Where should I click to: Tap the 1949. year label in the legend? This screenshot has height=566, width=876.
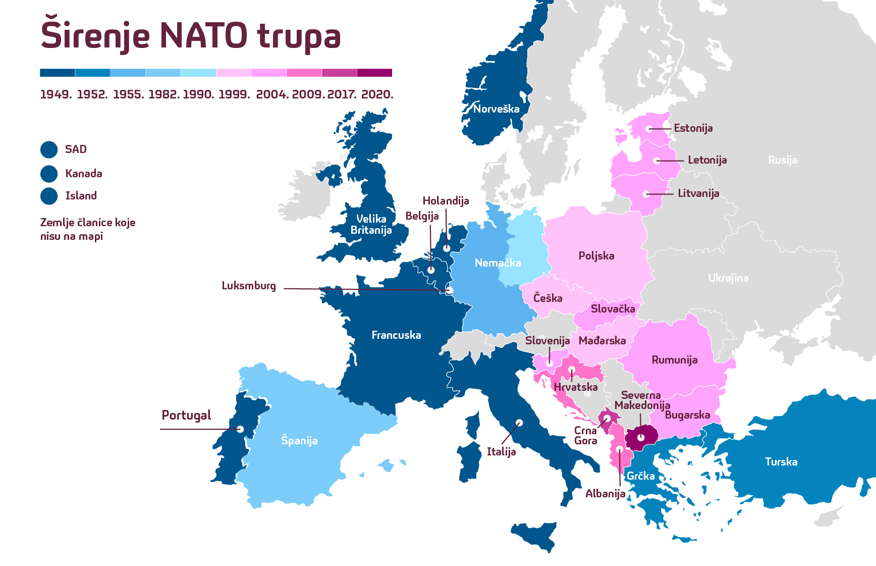(x=56, y=94)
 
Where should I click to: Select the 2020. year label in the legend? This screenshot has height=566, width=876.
(x=377, y=94)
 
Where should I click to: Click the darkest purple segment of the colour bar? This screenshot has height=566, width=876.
(x=374, y=73)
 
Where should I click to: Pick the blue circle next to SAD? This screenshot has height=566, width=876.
(x=49, y=149)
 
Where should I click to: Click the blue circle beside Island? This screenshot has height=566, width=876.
(x=49, y=196)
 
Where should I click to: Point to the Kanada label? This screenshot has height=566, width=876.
(x=84, y=174)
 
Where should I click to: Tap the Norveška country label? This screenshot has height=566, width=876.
(x=496, y=109)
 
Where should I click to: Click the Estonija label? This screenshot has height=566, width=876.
(x=693, y=128)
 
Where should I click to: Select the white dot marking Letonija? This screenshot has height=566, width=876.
(x=656, y=161)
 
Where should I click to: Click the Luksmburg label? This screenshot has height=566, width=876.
(x=249, y=286)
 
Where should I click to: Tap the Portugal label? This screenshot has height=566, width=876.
(x=186, y=415)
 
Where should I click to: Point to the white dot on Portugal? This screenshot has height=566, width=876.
(x=240, y=429)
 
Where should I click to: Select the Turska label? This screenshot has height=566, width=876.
(x=781, y=461)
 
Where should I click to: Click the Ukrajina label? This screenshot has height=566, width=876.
(x=728, y=278)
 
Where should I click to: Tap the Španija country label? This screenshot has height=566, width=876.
(x=299, y=441)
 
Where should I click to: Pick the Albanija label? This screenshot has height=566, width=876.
(x=605, y=494)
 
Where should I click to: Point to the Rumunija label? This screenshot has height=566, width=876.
(x=674, y=360)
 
